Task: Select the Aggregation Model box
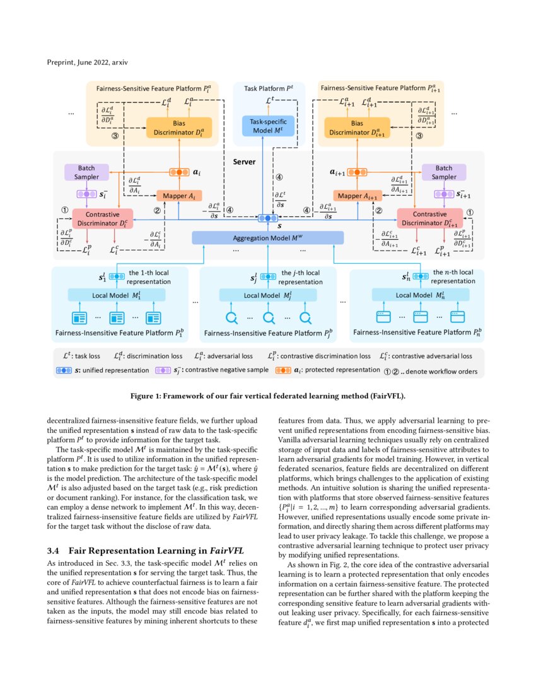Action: (268, 237)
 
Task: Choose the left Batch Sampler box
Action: (86, 172)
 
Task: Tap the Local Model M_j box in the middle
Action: (268, 295)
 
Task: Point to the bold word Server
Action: (243, 162)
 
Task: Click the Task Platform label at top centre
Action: (269, 90)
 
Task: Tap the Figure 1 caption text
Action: (268, 396)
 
